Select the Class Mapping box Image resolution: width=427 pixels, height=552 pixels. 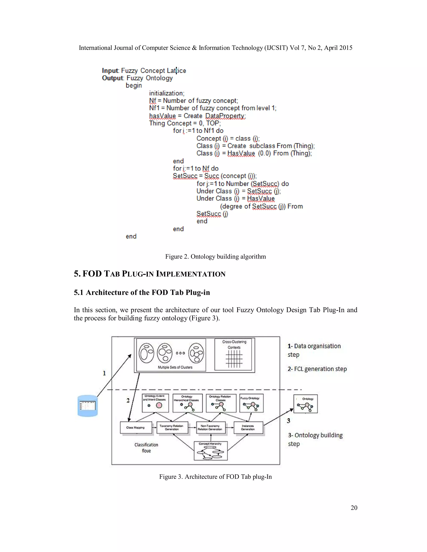(136, 428)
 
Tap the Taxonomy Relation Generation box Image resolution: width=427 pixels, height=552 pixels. (172, 428)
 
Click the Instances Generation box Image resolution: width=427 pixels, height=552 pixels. (248, 428)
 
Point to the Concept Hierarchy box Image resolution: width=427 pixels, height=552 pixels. (210, 451)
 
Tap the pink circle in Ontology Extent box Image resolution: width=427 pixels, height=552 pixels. (159, 405)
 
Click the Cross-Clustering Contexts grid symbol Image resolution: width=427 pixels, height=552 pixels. (234, 359)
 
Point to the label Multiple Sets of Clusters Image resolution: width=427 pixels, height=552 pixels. (175, 367)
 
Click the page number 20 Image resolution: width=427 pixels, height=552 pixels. (354, 508)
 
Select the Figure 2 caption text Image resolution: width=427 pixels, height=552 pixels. (216, 257)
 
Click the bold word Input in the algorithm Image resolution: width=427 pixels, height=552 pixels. (110, 71)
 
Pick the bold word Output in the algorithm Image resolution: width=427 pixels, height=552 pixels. (112, 78)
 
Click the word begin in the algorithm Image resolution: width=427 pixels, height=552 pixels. (134, 85)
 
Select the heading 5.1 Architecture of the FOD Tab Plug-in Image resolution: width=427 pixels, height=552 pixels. (142, 292)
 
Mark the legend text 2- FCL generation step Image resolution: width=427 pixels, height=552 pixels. (317, 369)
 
